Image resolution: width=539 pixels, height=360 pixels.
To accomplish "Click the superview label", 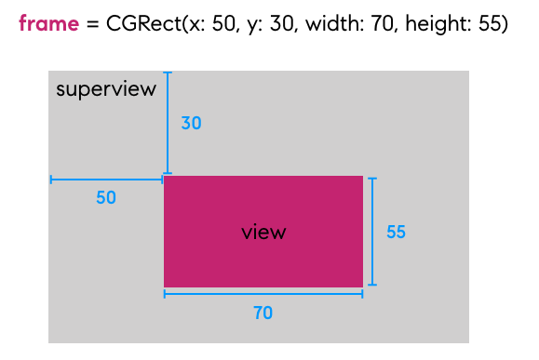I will [x=106, y=89].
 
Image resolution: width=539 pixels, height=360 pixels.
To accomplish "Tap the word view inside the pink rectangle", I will [x=263, y=233].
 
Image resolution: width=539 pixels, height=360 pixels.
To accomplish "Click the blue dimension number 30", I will [x=191, y=123].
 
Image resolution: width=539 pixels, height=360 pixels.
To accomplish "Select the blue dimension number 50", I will [x=106, y=198].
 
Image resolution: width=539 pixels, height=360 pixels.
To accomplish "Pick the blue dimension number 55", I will [x=396, y=233].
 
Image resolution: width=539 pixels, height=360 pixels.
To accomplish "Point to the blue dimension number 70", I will [x=263, y=313].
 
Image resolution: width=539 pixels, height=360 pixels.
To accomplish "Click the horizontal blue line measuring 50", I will [x=106, y=180].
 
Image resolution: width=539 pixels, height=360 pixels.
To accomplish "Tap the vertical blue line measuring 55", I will [x=372, y=232].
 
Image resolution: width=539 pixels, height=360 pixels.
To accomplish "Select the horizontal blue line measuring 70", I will [x=263, y=294].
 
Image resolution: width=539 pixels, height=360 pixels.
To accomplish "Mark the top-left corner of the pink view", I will [x=165, y=177].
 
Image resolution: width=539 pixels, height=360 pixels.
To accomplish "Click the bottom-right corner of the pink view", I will [x=361, y=286].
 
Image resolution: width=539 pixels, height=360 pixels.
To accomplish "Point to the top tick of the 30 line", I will [x=167, y=73].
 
